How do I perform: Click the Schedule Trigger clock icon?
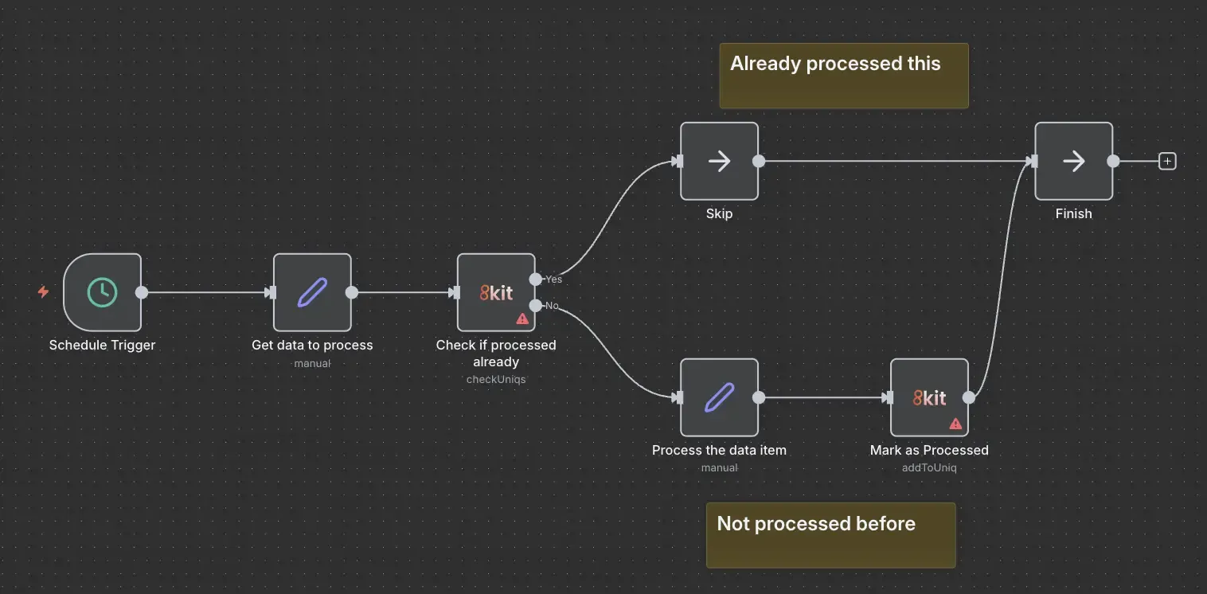pos(103,292)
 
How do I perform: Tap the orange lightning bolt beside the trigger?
pos(43,291)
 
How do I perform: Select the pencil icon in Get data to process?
pos(313,292)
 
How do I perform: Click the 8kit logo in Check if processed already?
pos(496,293)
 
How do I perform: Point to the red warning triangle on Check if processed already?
pos(522,318)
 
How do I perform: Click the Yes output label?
pos(553,279)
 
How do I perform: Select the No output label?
pos(552,306)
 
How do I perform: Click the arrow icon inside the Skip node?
pos(720,161)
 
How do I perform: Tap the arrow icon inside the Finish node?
pos(1074,161)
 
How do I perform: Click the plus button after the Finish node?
pos(1167,161)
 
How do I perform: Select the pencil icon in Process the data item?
pos(720,397)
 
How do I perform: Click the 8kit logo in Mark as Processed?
pos(929,398)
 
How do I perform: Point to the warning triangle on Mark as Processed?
pos(955,424)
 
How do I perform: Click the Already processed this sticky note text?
pos(835,64)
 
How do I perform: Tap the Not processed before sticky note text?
pos(816,523)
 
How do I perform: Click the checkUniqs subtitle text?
pos(496,379)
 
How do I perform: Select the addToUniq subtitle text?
pos(929,467)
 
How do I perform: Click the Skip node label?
pos(720,213)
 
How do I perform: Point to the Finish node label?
pos(1074,213)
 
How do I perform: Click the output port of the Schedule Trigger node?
pos(142,292)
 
